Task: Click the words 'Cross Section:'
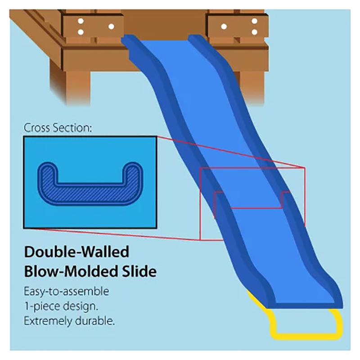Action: point(58,128)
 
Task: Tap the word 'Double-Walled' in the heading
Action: point(76,252)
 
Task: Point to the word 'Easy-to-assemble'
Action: point(66,292)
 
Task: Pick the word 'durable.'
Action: point(95,321)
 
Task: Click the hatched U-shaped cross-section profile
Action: point(90,194)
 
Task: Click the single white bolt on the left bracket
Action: point(111,27)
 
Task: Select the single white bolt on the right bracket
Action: point(224,27)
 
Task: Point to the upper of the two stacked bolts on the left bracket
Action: point(81,21)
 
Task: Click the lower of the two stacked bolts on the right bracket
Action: point(254,32)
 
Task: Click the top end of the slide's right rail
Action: point(194,36)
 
